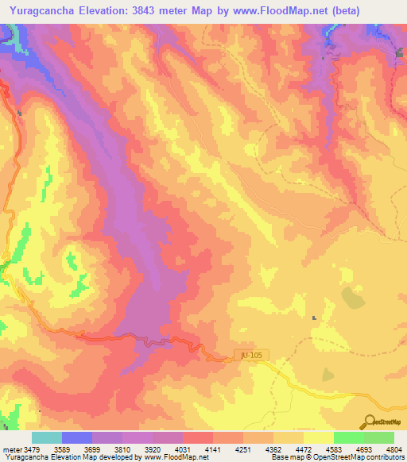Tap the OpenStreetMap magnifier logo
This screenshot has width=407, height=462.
(370, 422)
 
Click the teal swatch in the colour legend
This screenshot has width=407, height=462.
(47, 437)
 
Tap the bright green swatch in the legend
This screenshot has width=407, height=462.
(348, 437)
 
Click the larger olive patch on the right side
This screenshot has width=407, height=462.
(350, 297)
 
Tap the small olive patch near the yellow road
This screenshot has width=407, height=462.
(328, 374)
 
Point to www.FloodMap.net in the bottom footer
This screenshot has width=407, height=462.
(169, 457)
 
